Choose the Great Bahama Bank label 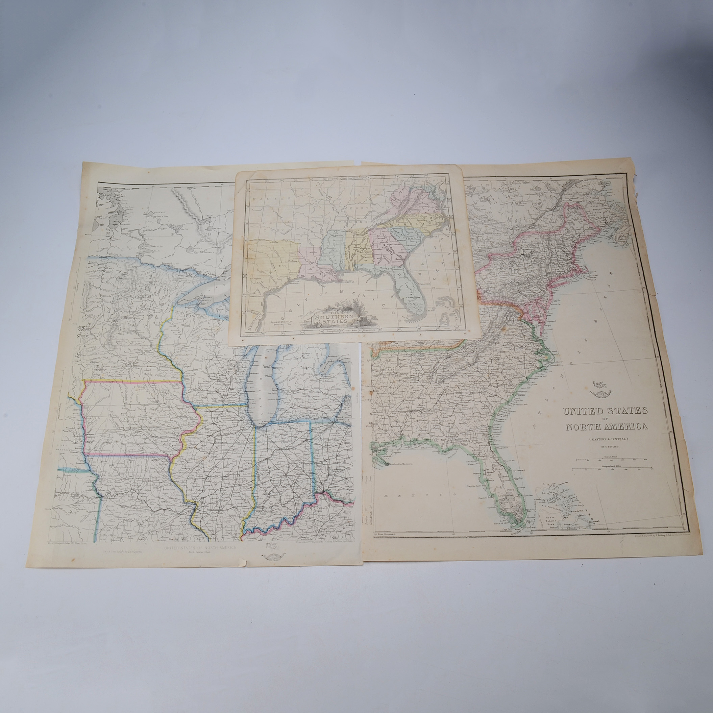tap(550, 519)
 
